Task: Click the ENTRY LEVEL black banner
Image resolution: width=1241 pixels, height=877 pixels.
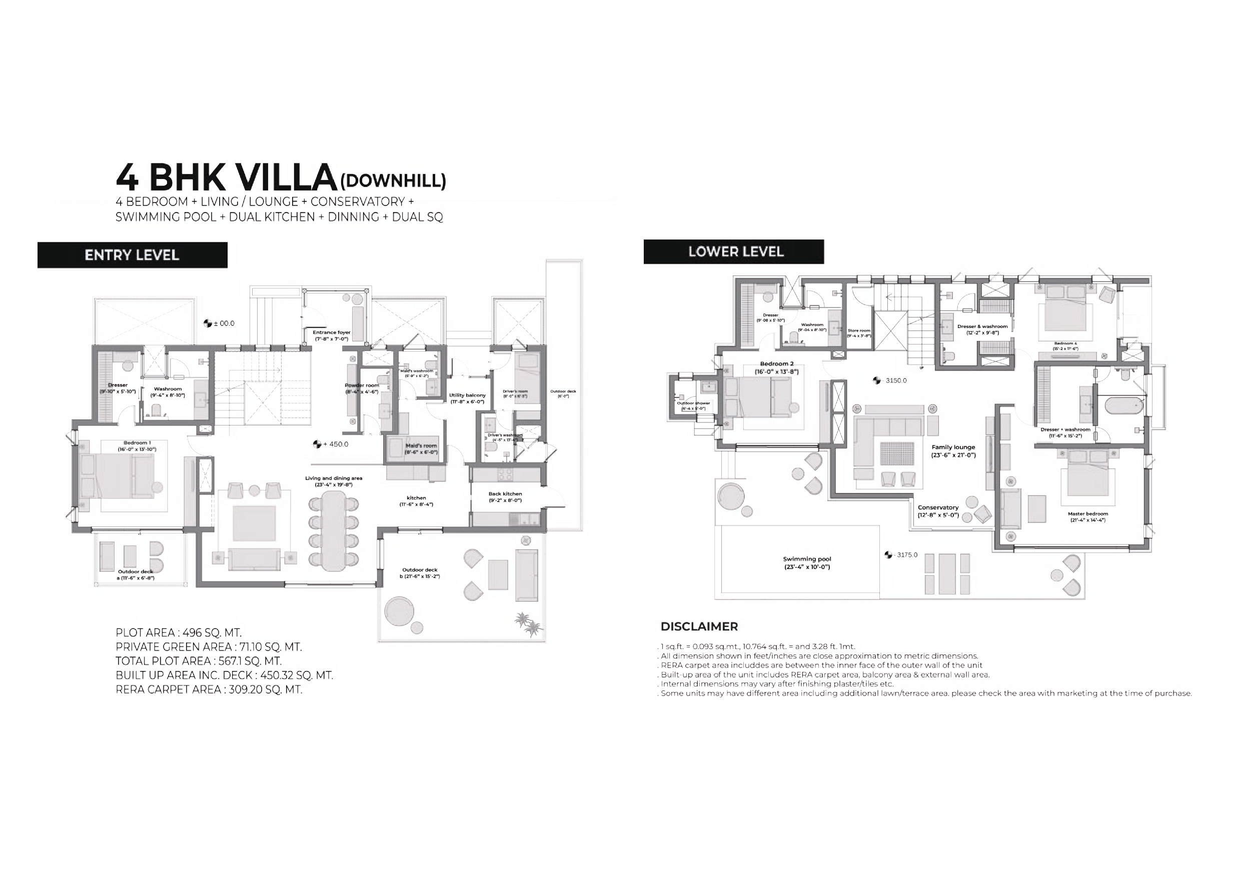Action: [x=132, y=255]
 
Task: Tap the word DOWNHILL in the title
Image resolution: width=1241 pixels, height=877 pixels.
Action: [x=393, y=180]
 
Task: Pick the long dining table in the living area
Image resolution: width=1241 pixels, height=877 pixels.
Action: [x=334, y=530]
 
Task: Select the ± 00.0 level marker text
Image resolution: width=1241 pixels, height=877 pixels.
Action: [x=224, y=323]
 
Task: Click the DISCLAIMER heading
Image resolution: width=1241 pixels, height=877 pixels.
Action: [x=699, y=626]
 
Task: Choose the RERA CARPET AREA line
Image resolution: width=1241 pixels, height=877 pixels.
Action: [x=209, y=689]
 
